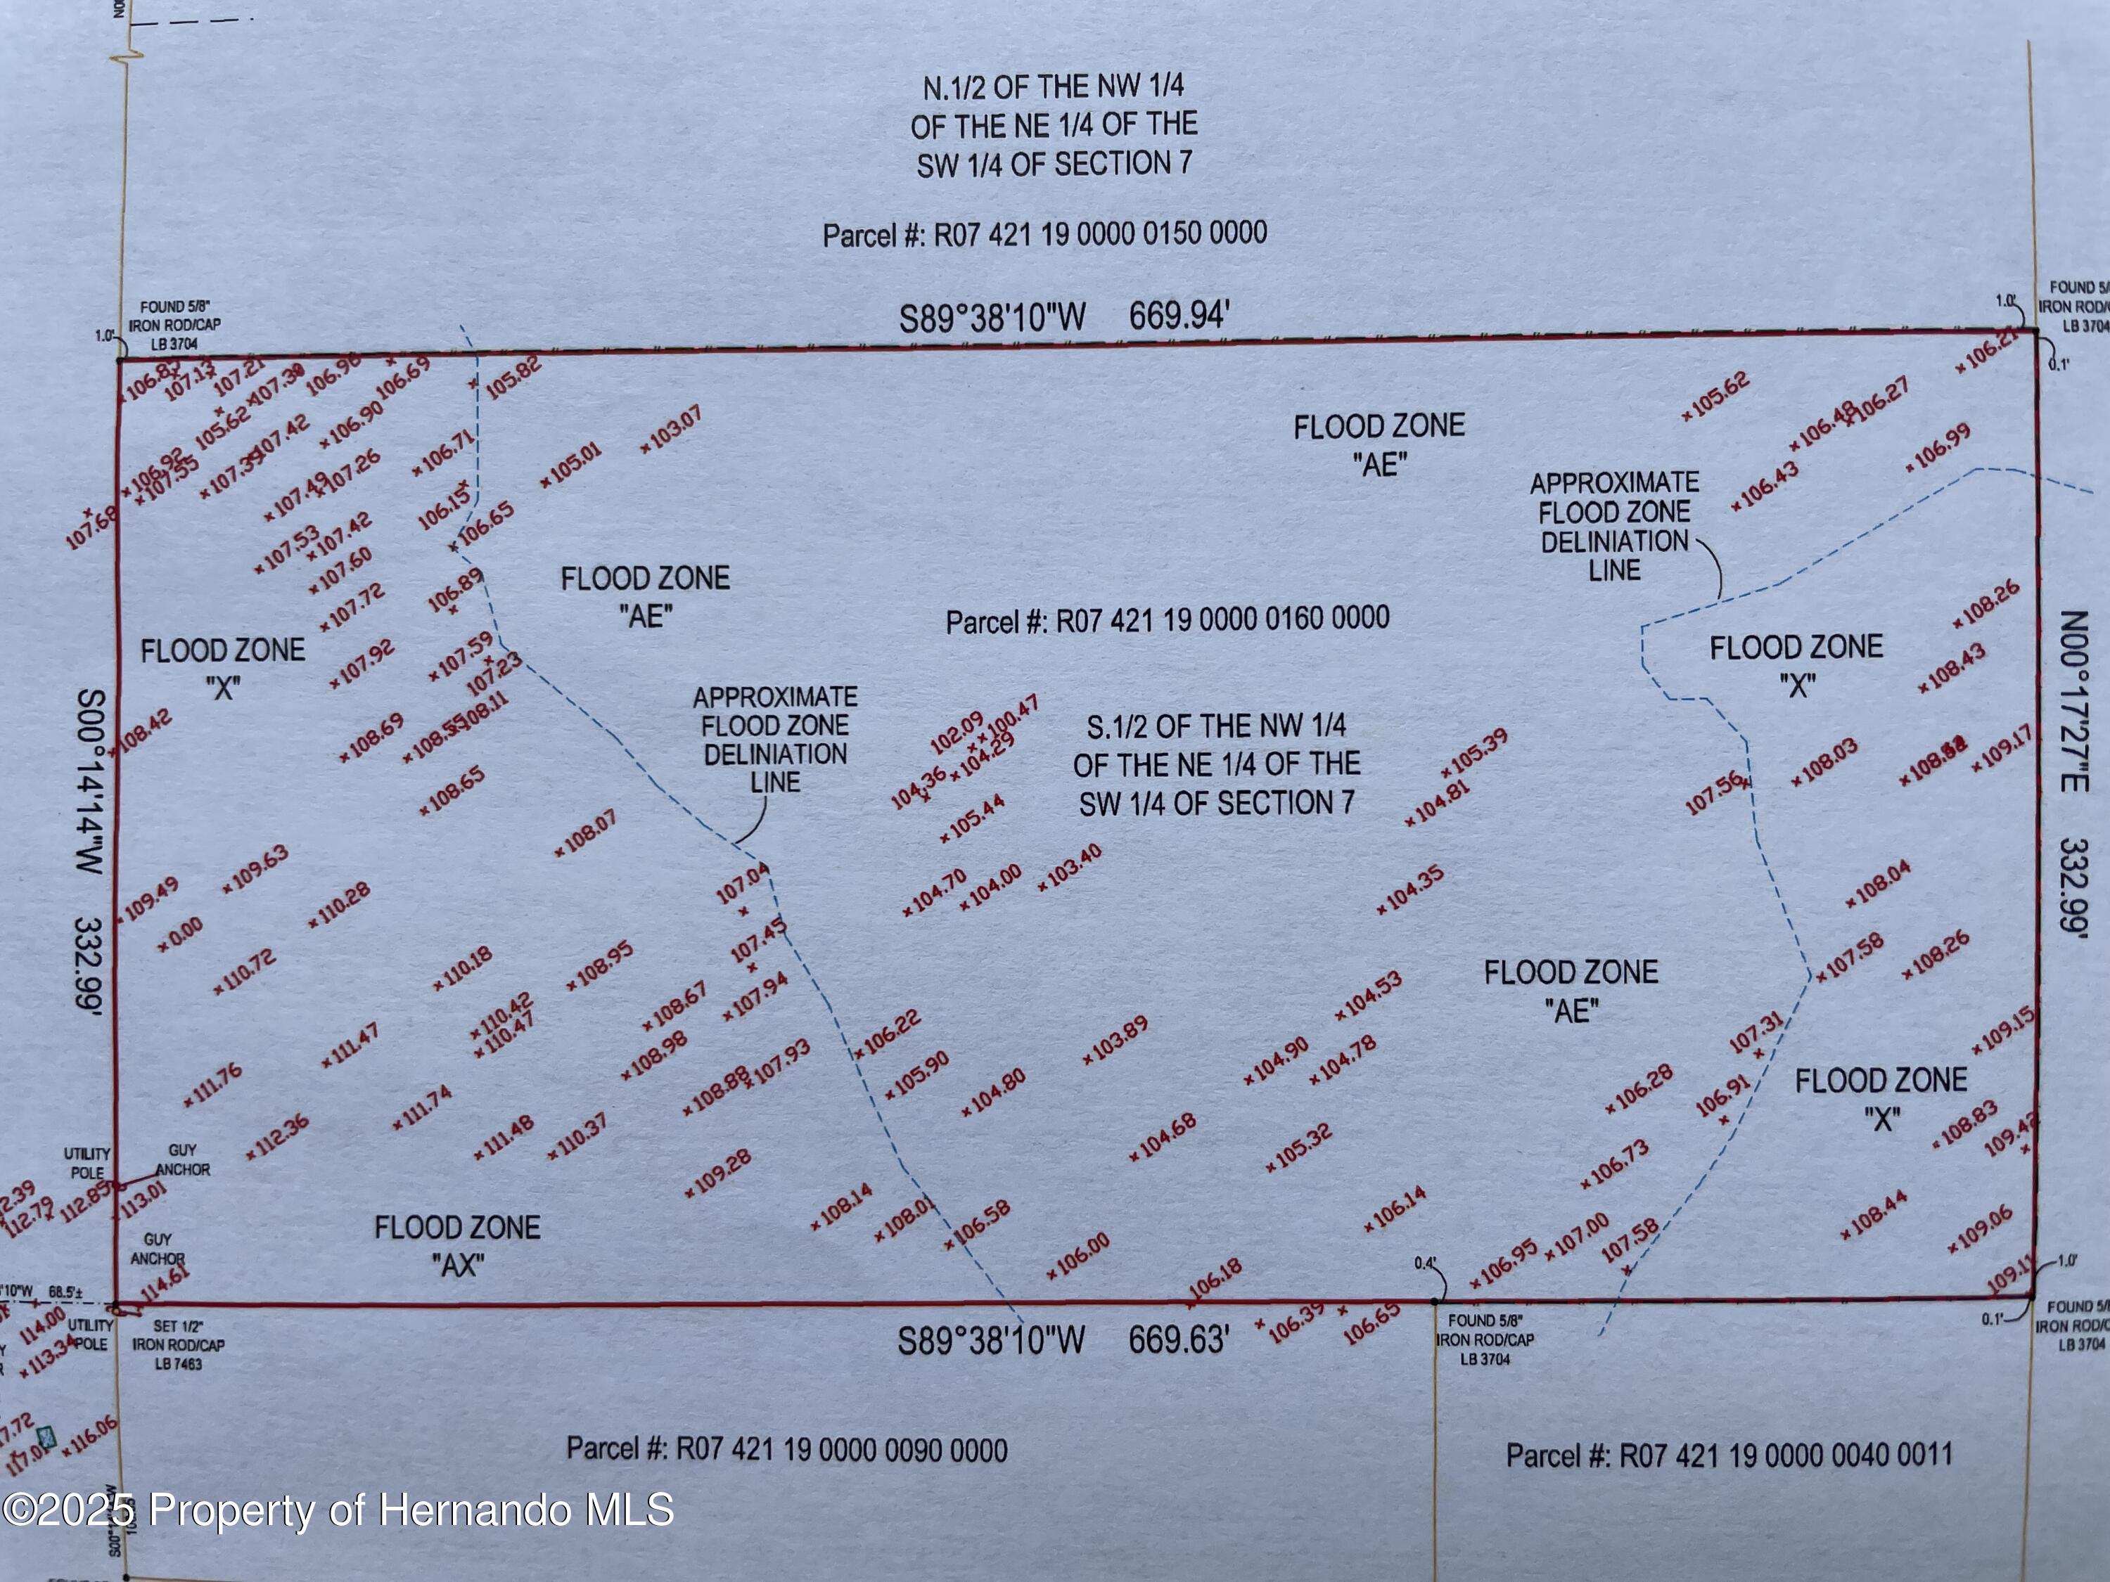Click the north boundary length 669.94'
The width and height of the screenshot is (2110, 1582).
click(1179, 315)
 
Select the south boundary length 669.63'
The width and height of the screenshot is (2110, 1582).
click(1178, 1340)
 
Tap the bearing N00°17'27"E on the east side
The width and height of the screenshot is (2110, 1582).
click(2076, 701)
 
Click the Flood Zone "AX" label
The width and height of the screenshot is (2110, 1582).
click(457, 1245)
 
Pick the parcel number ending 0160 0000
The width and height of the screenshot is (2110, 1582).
click(1167, 620)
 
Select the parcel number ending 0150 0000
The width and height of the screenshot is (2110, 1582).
click(1044, 233)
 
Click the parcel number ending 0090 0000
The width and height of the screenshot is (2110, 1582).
click(786, 1451)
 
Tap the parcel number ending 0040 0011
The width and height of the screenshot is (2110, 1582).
click(1729, 1455)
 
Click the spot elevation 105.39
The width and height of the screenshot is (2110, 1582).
click(1476, 752)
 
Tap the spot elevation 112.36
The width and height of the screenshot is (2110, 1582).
click(278, 1136)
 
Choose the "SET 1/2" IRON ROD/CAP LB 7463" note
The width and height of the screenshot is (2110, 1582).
click(179, 1344)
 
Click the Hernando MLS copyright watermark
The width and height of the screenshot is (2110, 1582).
click(338, 1510)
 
